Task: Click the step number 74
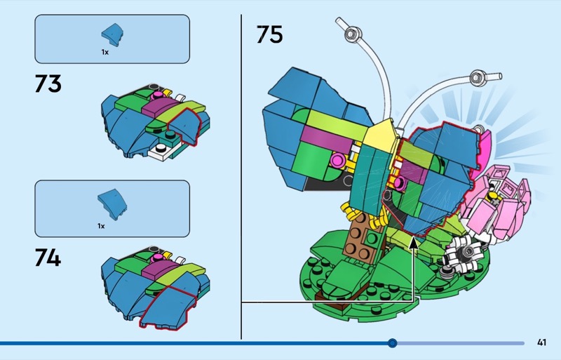[48, 257]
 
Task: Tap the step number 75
[269, 34]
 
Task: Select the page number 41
[541, 342]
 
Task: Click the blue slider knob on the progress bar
[393, 343]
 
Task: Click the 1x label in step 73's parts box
[104, 52]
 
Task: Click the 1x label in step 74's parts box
[101, 226]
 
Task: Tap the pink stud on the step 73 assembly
[157, 95]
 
